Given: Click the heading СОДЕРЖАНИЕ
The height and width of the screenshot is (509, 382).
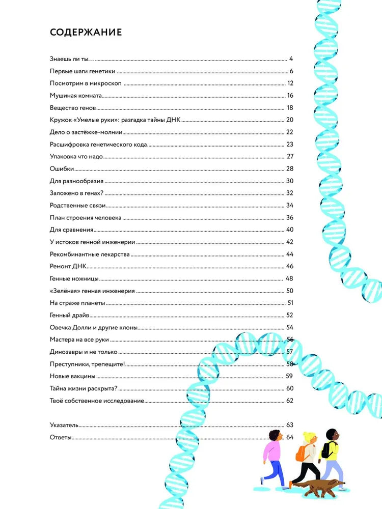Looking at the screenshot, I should pos(86,33).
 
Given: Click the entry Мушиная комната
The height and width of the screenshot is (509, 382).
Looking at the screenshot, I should pos(76,95).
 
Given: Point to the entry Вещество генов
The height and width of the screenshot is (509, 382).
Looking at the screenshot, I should pos(73,107).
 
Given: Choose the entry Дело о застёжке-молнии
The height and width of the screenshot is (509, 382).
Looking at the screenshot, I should pos(86,132).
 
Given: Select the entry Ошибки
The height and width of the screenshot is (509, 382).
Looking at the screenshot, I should pos(62,168).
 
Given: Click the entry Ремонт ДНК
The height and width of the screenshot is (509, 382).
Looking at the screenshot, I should pos(69,266).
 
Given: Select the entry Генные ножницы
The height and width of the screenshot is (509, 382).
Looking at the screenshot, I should pos(74,278).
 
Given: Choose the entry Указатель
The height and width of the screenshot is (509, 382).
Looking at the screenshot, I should pos(65,424).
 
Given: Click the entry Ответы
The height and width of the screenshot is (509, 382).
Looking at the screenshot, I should pos(61,437).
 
